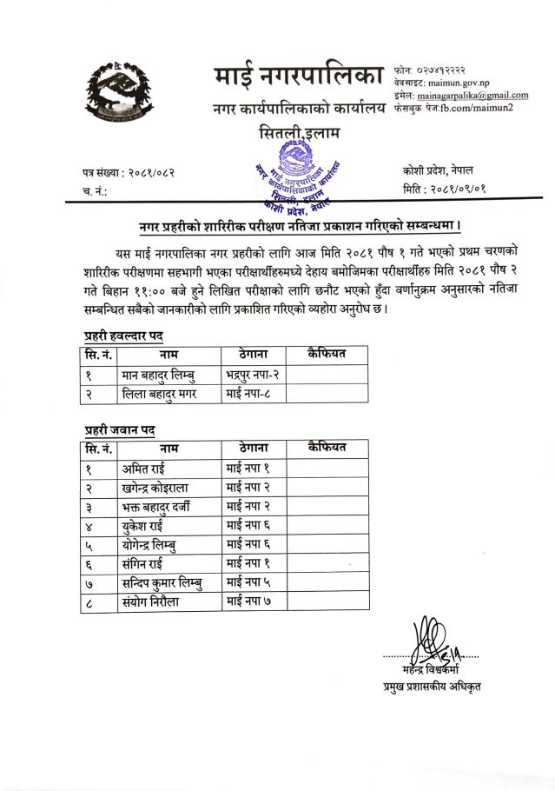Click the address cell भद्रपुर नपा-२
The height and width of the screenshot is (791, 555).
[250, 376]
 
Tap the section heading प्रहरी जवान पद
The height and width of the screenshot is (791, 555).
[119, 429]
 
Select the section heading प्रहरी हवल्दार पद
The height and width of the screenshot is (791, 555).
[123, 335]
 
